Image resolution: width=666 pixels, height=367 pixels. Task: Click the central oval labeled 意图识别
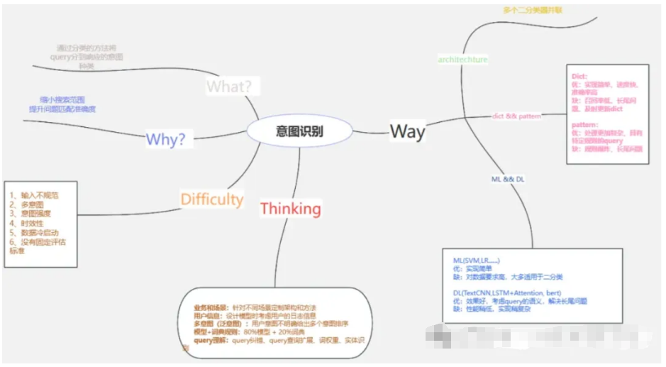point(299,131)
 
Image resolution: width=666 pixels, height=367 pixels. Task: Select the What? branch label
point(229,87)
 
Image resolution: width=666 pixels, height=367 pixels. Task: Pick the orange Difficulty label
point(211,199)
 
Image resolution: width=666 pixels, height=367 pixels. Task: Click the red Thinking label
point(290,209)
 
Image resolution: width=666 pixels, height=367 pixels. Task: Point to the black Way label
point(407,131)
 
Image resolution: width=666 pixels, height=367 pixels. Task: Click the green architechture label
point(462,60)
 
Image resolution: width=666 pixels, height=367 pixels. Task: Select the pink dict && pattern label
point(516,116)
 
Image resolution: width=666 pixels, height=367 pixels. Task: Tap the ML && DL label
point(508,180)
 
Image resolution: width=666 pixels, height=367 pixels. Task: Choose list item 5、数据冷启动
point(34,233)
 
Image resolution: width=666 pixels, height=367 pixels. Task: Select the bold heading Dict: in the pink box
point(580,75)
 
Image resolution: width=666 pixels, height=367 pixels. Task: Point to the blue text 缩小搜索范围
point(62,100)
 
